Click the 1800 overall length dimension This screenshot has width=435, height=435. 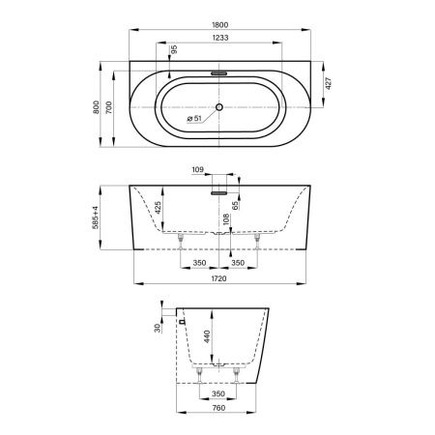[220, 25]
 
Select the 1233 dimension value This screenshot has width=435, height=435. [220, 38]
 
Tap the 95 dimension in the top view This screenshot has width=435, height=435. [174, 49]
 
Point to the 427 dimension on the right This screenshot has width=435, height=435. [329, 83]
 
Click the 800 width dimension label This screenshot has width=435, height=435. [96, 107]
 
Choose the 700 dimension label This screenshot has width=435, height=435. [109, 107]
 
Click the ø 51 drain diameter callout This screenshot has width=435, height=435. [194, 119]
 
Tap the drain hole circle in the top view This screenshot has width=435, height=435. [219, 107]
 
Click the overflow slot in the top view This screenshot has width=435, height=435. [219, 73]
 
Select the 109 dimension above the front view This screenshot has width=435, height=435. [198, 169]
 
